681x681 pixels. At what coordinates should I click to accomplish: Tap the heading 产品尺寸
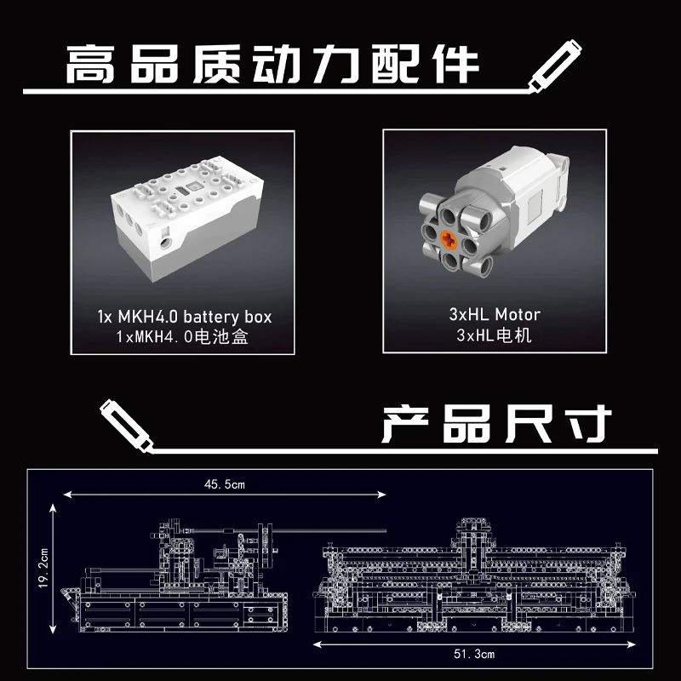pyautogui.click(x=496, y=423)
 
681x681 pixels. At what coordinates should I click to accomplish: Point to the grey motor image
pyautogui.click(x=494, y=218)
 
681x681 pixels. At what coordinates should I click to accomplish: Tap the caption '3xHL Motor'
pyautogui.click(x=495, y=314)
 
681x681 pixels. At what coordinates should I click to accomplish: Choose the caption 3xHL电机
pyautogui.click(x=495, y=335)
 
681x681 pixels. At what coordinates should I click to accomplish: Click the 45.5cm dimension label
pyautogui.click(x=225, y=484)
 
